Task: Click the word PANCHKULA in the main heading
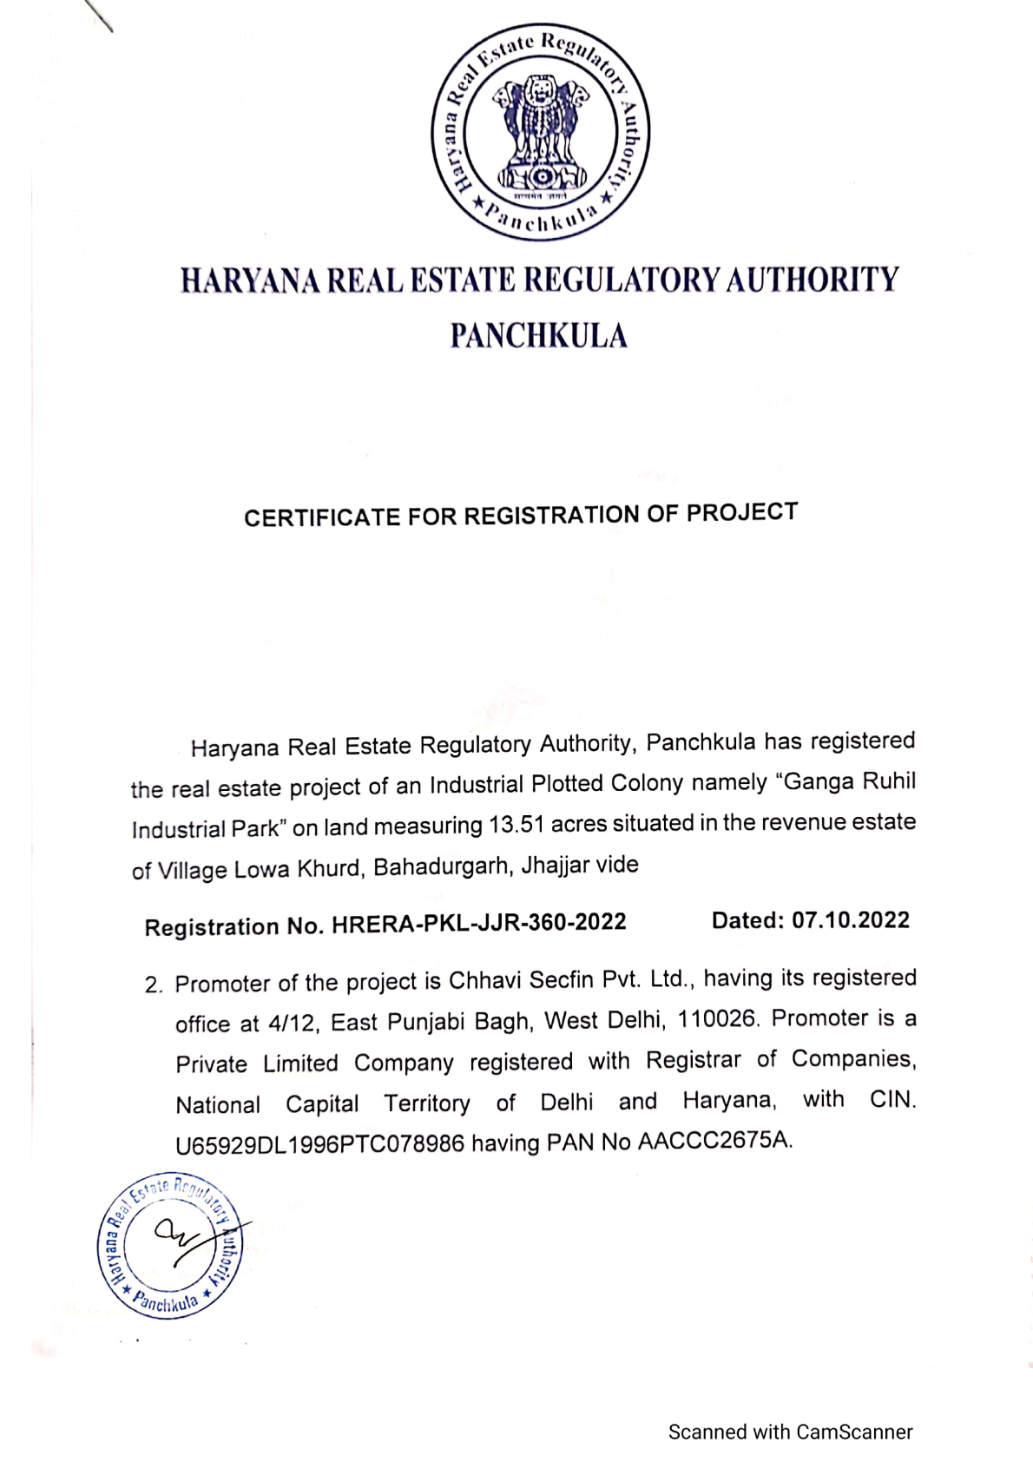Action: [538, 336]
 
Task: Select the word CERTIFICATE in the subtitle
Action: [318, 518]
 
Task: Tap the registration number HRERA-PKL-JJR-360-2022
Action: [478, 923]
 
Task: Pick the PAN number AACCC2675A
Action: [714, 1141]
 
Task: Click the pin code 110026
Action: [717, 1019]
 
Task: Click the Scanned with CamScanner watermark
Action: [790, 1432]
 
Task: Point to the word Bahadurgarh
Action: [443, 867]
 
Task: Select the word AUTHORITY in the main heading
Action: [812, 280]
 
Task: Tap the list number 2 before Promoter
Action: [153, 985]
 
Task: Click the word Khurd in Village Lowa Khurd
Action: [328, 869]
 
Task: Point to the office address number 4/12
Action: [292, 1024]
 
